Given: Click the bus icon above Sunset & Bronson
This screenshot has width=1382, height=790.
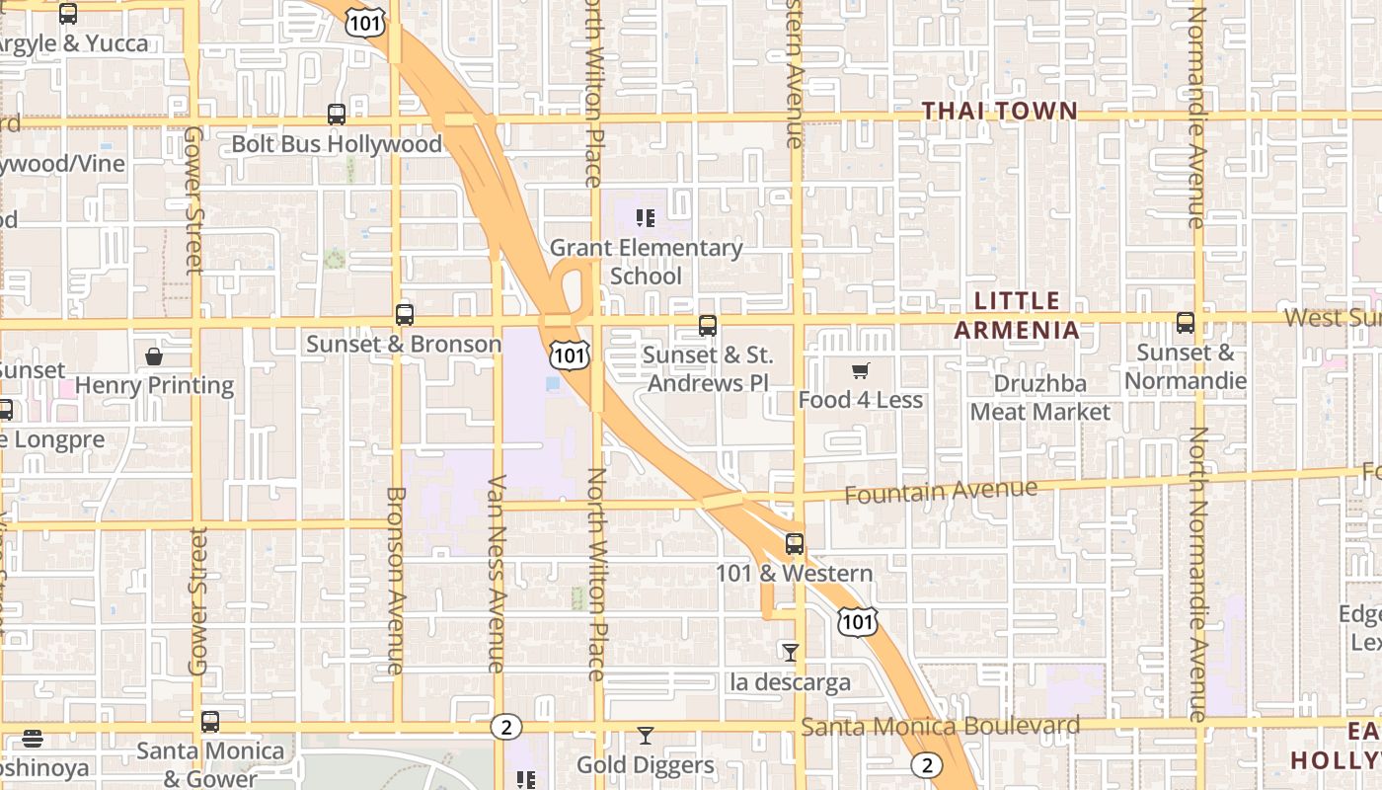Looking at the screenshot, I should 404,315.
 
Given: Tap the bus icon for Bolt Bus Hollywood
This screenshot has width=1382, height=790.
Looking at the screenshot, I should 337,115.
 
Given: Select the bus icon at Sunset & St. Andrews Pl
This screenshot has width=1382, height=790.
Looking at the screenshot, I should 708,325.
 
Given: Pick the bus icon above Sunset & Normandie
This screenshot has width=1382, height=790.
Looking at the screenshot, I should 1186,323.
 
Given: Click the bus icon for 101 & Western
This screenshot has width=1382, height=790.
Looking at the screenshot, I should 795,543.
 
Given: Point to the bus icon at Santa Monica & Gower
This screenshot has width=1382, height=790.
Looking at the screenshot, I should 210,722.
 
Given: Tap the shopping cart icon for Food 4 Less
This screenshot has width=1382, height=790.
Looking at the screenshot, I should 861,371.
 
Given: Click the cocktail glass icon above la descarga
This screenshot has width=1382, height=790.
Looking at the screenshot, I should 790,652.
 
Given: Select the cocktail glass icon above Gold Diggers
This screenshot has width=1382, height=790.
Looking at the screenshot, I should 646,735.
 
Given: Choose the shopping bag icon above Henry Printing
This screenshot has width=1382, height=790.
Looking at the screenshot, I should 154,356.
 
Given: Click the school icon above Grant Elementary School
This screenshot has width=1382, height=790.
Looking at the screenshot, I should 646,218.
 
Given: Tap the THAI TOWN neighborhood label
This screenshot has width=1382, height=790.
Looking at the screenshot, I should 1000,111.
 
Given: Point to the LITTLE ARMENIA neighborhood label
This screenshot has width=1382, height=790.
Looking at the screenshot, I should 1017,315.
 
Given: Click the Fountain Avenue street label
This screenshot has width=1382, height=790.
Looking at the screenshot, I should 941,491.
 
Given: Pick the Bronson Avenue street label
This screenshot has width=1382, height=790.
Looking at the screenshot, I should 395,580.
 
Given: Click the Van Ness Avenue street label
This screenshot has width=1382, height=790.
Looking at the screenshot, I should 497,573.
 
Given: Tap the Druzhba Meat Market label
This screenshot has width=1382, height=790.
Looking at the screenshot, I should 1040,398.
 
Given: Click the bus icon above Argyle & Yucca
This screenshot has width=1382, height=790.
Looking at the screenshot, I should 68,14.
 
